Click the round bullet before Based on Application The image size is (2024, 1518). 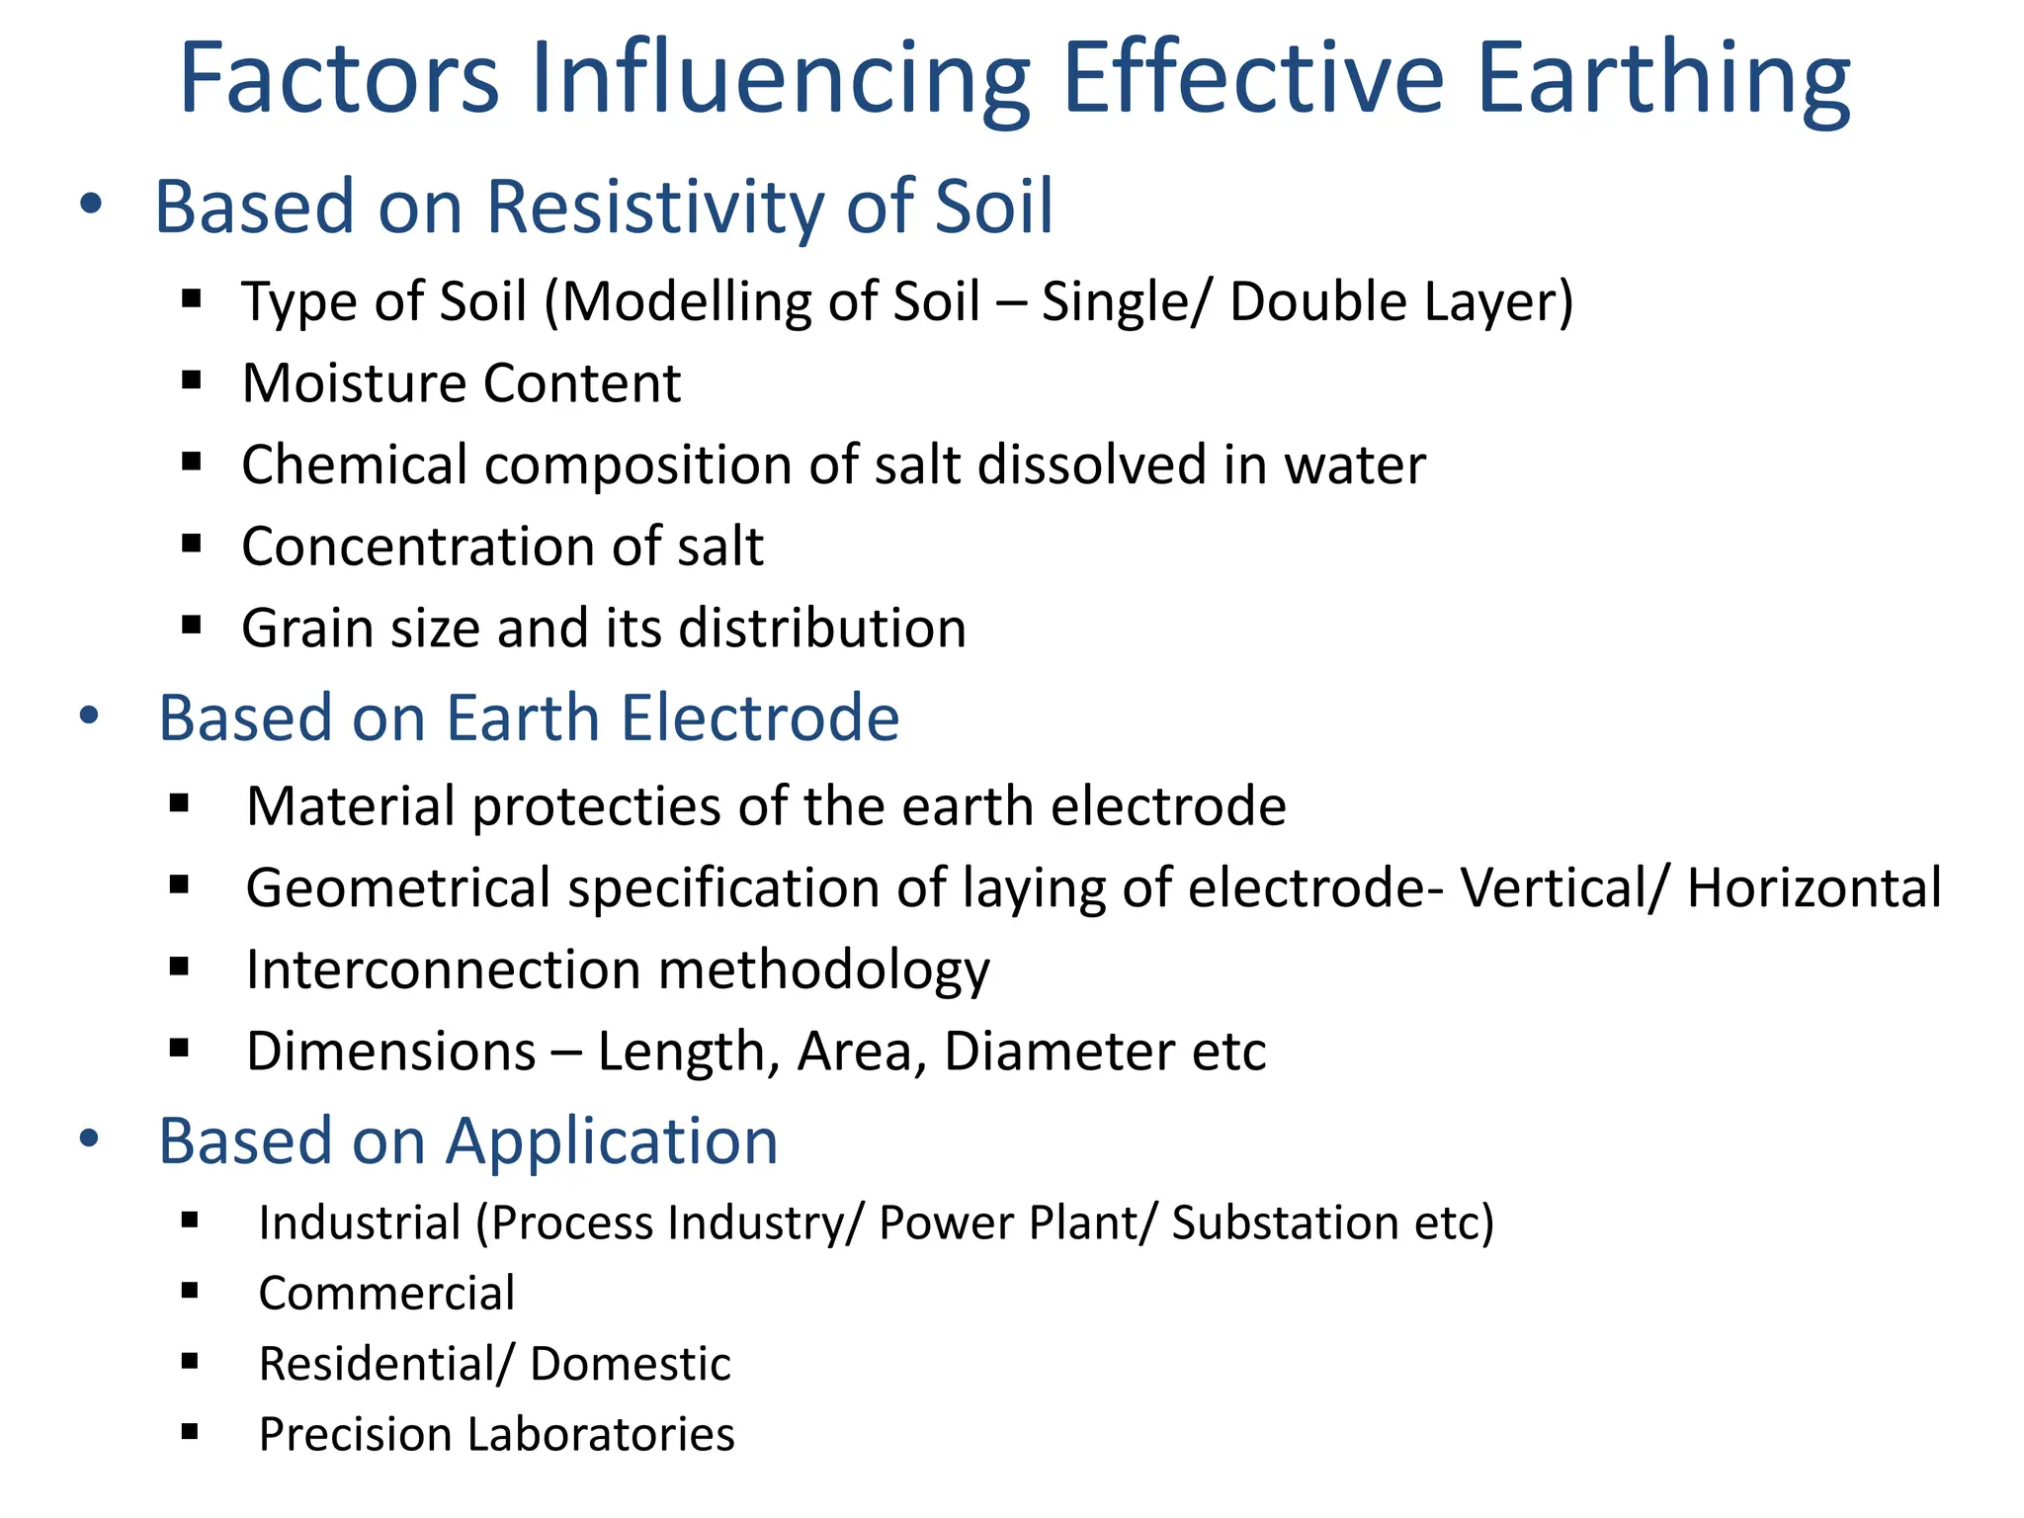(x=90, y=1138)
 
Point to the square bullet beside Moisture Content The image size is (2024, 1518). (x=192, y=380)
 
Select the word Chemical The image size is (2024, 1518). (x=354, y=465)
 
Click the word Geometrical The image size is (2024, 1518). (x=398, y=887)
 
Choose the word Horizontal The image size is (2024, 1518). (x=1814, y=887)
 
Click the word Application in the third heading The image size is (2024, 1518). (x=612, y=1141)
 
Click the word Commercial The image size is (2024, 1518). (x=386, y=1294)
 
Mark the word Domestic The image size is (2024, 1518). (x=631, y=1365)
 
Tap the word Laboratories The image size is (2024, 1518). (x=602, y=1435)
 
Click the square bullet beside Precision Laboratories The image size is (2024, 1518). (x=191, y=1431)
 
